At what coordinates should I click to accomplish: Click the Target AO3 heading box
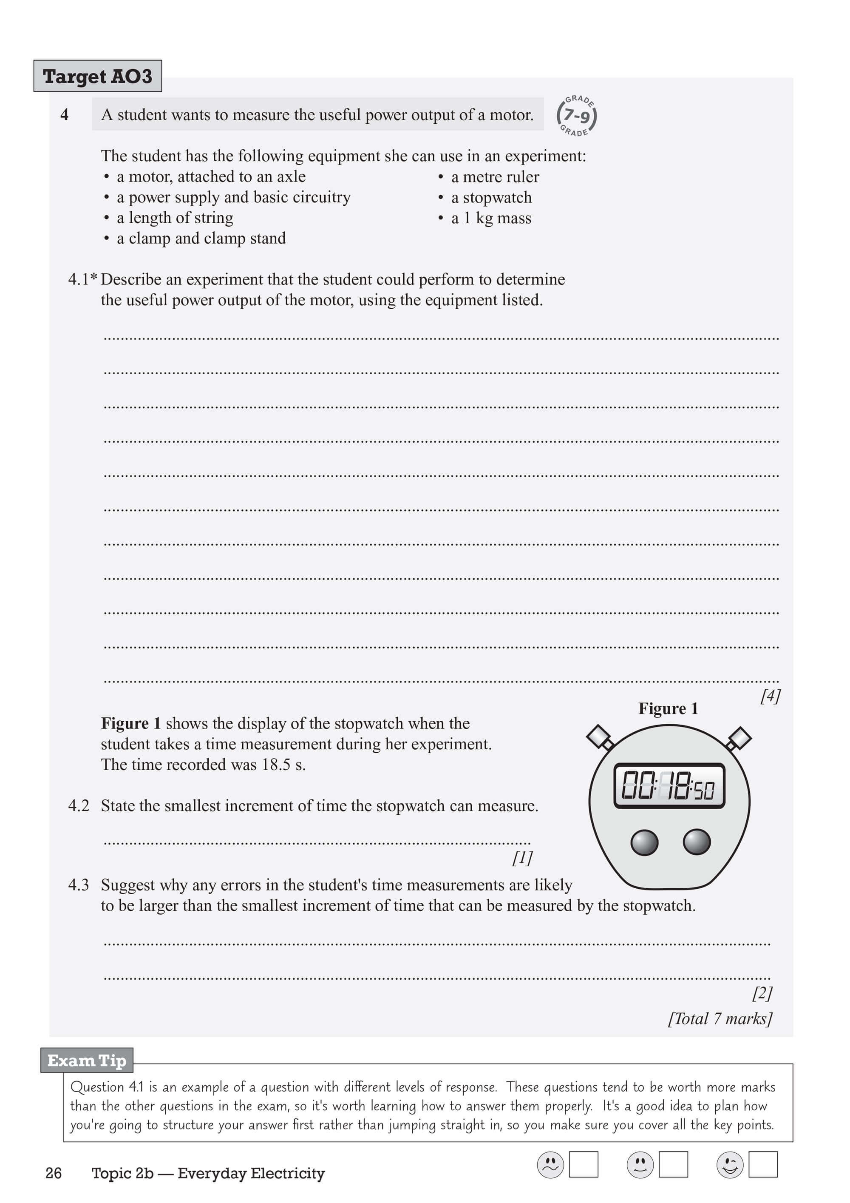(97, 76)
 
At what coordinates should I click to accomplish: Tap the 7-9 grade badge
(577, 116)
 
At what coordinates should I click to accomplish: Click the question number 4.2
(79, 805)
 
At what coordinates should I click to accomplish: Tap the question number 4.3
(79, 885)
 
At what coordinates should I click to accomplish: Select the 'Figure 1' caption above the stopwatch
(668, 709)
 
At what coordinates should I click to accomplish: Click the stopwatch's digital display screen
(669, 785)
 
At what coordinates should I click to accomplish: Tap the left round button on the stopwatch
(644, 842)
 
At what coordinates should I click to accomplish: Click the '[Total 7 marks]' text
(720, 1018)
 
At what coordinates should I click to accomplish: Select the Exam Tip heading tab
(87, 1061)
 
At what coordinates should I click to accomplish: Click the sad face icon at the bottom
(550, 1164)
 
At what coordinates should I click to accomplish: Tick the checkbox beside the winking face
(762, 1164)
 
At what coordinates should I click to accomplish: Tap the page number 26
(54, 1173)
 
